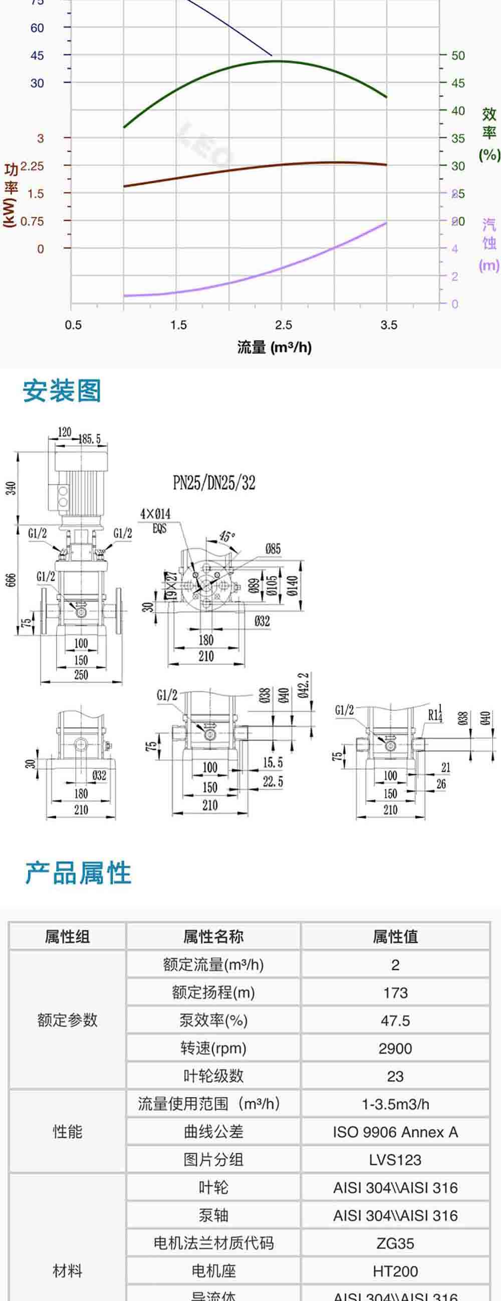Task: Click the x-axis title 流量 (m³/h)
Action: (274, 347)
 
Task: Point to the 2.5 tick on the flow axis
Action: (283, 324)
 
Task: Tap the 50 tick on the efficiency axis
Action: (457, 55)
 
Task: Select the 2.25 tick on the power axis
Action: (32, 166)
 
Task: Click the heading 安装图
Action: (62, 391)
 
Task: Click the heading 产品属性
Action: (78, 873)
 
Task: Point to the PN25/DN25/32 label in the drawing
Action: (214, 483)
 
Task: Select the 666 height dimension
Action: (11, 579)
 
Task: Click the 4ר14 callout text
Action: (155, 514)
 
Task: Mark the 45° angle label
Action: (227, 536)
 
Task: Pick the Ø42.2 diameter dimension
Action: (303, 686)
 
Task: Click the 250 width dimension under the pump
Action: (81, 675)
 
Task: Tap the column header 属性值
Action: (395, 937)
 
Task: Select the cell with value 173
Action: (395, 993)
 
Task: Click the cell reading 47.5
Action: (395, 1021)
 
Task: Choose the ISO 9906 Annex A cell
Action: (395, 1132)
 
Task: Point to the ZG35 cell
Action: (395, 1243)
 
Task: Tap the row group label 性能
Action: (67, 1132)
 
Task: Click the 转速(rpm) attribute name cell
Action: (213, 1049)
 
